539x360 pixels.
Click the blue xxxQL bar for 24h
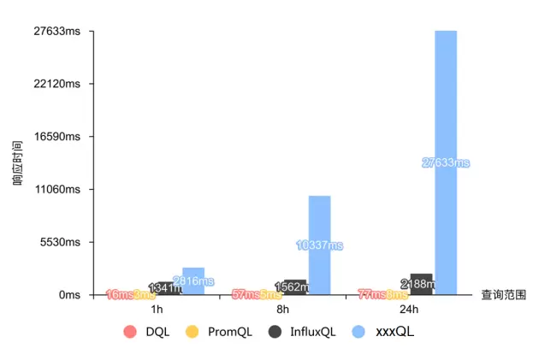click(446, 162)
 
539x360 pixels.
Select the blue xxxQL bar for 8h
click(319, 245)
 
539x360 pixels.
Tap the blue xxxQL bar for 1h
click(193, 281)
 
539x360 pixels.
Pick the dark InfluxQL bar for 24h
click(421, 285)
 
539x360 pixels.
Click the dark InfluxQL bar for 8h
click(295, 287)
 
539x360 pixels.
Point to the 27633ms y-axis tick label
click(57, 32)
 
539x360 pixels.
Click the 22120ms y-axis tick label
click(57, 84)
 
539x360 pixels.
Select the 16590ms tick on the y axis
click(57, 137)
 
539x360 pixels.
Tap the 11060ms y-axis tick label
click(57, 190)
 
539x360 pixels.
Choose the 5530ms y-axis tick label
click(60, 242)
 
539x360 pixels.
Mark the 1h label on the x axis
click(157, 309)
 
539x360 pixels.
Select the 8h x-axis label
click(283, 309)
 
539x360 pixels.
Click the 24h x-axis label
click(409, 309)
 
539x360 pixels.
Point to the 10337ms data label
click(319, 245)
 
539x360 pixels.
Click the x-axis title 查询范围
click(503, 295)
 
